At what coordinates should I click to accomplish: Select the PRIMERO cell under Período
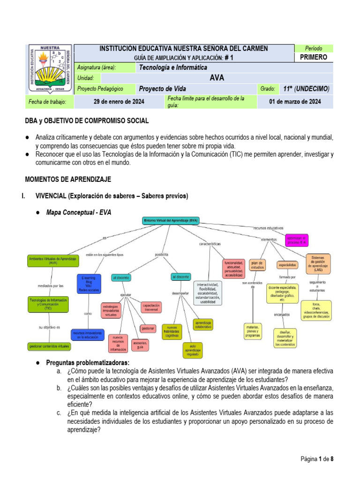click(313, 57)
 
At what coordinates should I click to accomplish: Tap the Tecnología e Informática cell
click(173, 67)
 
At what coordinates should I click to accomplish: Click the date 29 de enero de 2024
click(119, 102)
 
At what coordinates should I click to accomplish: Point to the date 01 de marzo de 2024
click(295, 102)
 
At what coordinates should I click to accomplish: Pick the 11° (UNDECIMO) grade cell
click(306, 89)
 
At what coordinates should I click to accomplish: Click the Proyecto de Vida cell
click(162, 89)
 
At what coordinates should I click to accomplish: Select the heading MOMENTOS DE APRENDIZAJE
click(67, 180)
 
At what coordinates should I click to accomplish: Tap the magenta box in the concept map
click(296, 240)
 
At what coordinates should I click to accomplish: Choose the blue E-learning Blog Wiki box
click(88, 284)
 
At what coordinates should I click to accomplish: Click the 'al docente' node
click(121, 277)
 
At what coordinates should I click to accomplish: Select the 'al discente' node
click(180, 277)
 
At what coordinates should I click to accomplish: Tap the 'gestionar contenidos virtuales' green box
click(50, 346)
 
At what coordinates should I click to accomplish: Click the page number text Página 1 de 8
click(317, 459)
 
